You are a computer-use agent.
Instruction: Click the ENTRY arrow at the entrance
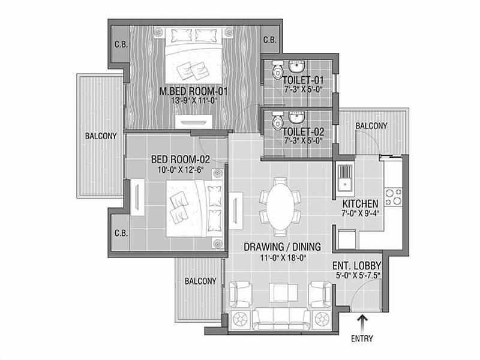point(363,323)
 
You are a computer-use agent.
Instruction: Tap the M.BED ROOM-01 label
point(194,91)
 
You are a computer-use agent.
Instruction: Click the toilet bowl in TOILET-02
point(277,121)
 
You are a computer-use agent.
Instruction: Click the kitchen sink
point(346,179)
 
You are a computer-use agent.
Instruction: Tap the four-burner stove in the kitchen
point(394,197)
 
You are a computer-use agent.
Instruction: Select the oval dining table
point(280,207)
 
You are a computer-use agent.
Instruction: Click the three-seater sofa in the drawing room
point(281,319)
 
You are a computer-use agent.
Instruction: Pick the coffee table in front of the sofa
point(283,293)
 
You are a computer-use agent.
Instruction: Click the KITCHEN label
point(360,203)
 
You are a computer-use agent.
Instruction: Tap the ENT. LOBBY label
point(357,265)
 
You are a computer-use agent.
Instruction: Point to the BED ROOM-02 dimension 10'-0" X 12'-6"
point(181,170)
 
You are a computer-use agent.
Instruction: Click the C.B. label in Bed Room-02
point(121,233)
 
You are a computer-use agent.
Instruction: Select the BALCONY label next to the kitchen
point(371,126)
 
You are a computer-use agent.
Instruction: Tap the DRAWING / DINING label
point(282,247)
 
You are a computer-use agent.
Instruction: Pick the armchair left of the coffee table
point(241,294)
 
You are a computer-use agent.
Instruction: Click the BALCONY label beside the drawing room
point(200,281)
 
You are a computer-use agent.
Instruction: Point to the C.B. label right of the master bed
point(270,40)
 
